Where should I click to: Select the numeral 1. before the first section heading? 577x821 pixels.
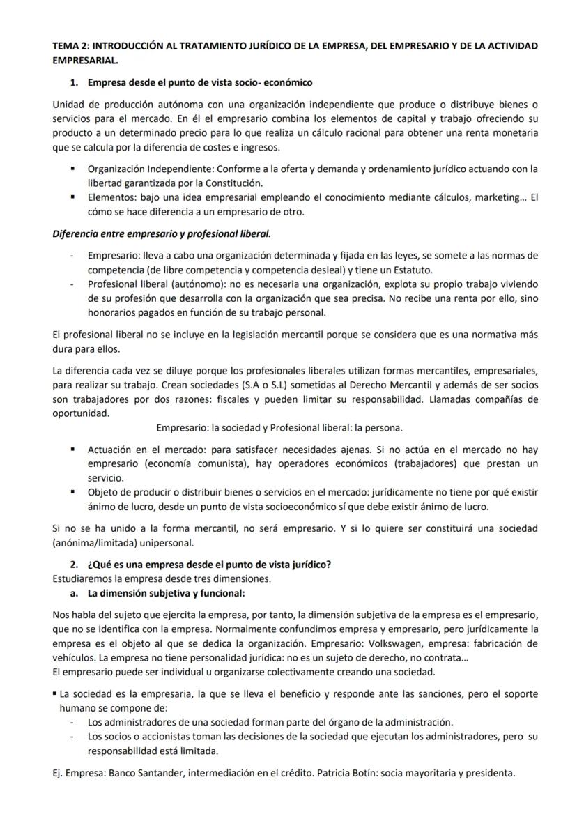point(74,82)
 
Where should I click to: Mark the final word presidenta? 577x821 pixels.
point(491,772)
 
